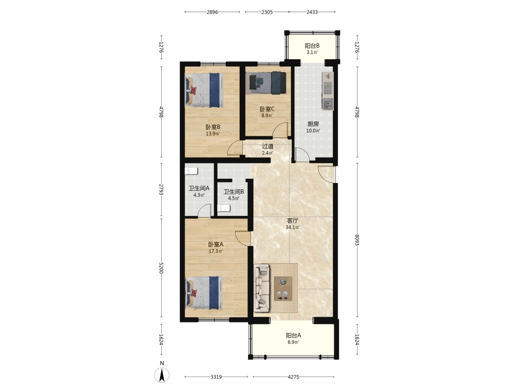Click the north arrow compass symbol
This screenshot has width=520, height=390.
click(162, 375)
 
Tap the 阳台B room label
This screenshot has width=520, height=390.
click(312, 45)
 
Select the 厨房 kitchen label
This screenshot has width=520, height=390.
click(313, 124)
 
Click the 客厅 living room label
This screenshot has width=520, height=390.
click(292, 220)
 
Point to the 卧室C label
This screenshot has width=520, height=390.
click(267, 109)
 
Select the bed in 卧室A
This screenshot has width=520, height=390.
click(204, 293)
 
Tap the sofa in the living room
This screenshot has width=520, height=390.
click(262, 288)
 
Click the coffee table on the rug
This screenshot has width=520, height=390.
click(283, 289)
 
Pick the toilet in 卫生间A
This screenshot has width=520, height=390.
click(191, 171)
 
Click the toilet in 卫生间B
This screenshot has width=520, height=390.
click(224, 209)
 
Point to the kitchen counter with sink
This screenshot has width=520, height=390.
click(327, 91)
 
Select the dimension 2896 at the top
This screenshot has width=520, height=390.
click(212, 12)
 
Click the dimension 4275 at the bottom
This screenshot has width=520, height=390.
click(293, 376)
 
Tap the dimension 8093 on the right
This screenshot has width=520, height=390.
click(357, 240)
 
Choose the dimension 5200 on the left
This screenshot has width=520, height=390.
click(161, 268)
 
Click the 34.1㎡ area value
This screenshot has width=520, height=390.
click(292, 228)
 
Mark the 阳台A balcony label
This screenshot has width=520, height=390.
click(293, 335)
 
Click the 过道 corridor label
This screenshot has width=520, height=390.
click(268, 146)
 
